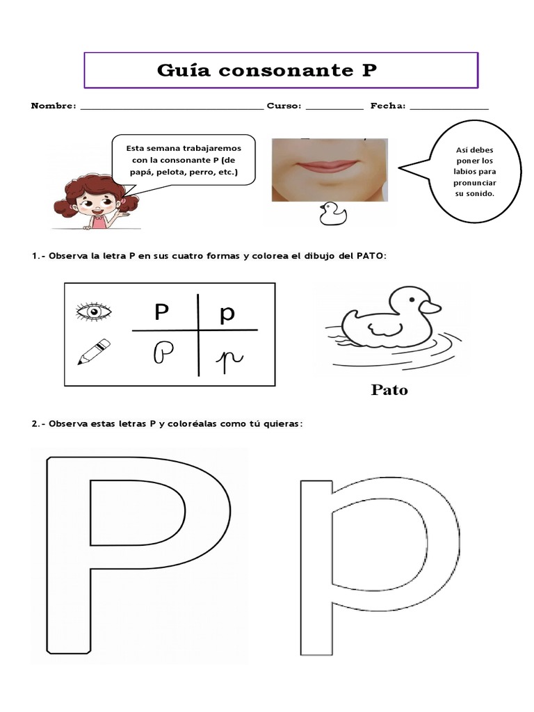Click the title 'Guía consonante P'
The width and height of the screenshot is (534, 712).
268,70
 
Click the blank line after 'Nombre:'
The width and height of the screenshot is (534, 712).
172,108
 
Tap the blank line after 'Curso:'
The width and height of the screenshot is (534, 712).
334,108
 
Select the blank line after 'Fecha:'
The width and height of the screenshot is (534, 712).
449,108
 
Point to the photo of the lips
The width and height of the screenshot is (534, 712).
330,169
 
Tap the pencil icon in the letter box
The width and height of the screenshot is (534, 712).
94,352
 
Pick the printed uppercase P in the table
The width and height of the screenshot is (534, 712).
162,313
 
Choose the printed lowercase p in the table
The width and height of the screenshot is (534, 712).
227,314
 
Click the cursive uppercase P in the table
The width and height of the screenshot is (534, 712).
163,353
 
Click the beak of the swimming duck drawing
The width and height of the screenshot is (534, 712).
431,307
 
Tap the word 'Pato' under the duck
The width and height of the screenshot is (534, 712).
389,390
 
